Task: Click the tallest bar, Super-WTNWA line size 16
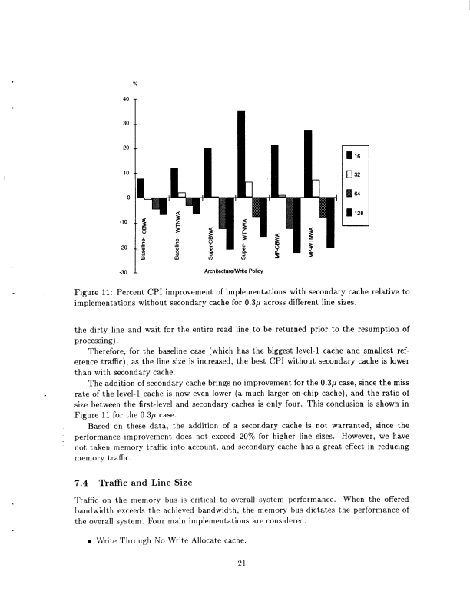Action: [241, 154]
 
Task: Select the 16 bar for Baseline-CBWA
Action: [141, 188]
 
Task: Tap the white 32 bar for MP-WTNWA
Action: [316, 188]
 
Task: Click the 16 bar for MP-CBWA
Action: [274, 171]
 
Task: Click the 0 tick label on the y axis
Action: [127, 198]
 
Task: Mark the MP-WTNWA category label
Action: [311, 244]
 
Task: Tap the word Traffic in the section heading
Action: [114, 483]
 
